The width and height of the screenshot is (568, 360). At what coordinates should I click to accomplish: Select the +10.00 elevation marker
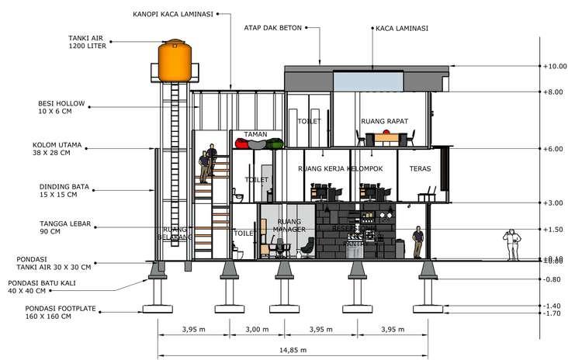click(554, 66)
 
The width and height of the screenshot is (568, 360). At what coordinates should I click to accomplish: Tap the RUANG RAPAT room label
click(385, 122)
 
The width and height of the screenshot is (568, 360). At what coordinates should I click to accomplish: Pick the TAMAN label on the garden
click(255, 134)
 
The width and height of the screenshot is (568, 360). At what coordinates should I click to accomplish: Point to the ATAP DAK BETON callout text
click(272, 28)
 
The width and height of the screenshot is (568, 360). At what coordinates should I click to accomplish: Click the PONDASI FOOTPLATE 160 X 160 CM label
click(59, 312)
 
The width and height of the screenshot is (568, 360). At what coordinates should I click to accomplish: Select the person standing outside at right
click(511, 244)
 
